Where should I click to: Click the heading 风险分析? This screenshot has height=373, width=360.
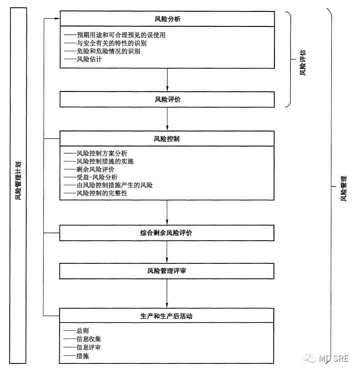click(x=167, y=19)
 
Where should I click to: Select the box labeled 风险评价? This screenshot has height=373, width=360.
click(x=167, y=99)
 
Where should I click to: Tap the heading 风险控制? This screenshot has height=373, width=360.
click(x=167, y=139)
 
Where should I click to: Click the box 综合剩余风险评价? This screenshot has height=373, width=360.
click(x=167, y=232)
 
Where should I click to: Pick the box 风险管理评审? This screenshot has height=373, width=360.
click(x=167, y=271)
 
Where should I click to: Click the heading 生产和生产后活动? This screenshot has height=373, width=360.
click(x=167, y=316)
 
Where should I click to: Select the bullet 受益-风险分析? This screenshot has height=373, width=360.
click(x=97, y=177)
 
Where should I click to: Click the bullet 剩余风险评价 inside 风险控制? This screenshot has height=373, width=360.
click(x=96, y=169)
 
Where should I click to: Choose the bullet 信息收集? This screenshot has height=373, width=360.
click(x=89, y=339)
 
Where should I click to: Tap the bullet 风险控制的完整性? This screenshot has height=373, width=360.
click(x=102, y=193)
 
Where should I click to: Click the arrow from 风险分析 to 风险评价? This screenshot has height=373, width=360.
click(x=167, y=80)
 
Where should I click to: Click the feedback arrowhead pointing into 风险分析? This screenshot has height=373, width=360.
click(x=56, y=19)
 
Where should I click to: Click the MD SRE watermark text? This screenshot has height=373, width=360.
click(x=333, y=358)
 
